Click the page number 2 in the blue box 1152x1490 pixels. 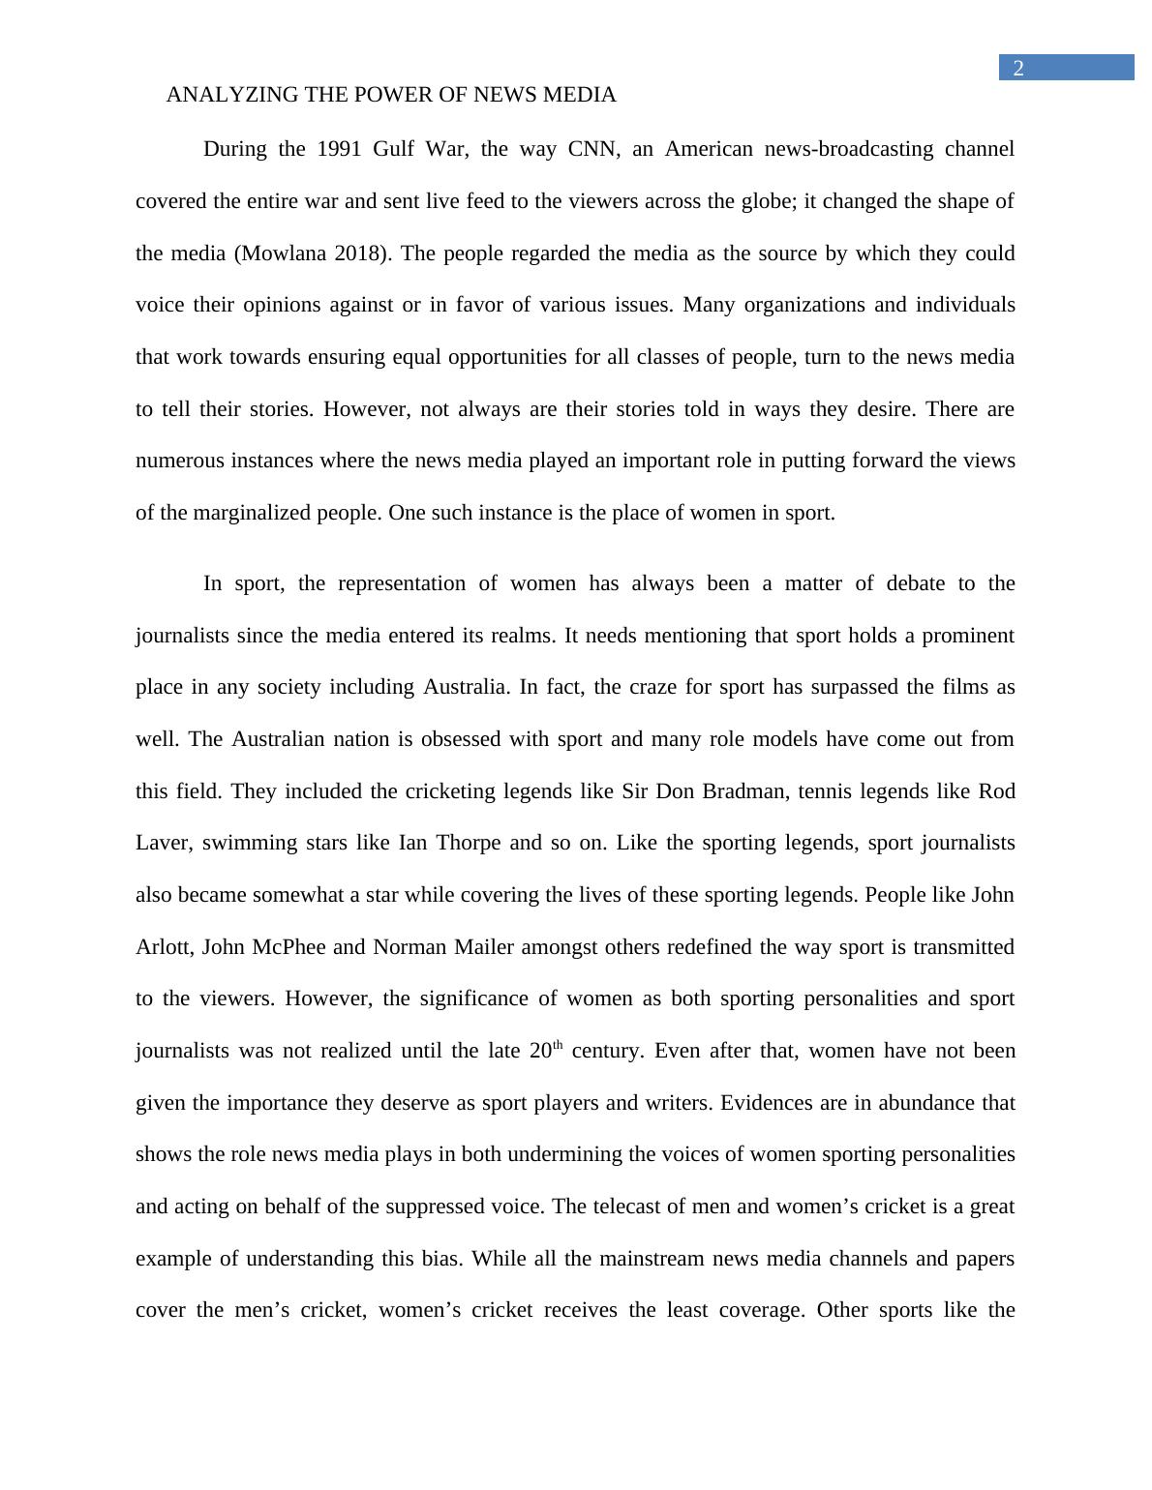[1018, 68]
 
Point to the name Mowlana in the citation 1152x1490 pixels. [283, 253]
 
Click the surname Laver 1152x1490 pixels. [161, 843]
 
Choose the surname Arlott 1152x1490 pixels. [163, 947]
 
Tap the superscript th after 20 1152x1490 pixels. [558, 1045]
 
